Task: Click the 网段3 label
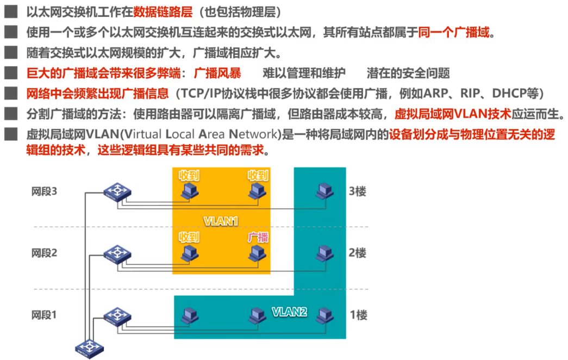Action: coord(44,191)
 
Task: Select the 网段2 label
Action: coord(44,253)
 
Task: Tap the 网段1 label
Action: coord(44,314)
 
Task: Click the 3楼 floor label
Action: coord(358,191)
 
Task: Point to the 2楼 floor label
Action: coord(358,253)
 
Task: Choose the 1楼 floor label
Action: coord(358,314)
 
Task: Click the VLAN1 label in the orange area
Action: coord(221,221)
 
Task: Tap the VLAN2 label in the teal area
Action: coord(290,312)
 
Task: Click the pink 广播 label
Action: coord(258,237)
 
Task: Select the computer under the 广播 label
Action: coord(257,253)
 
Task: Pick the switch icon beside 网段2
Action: coord(117,253)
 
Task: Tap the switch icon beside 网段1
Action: coord(117,315)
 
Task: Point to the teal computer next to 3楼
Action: coord(325,190)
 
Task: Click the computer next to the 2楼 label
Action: coord(325,252)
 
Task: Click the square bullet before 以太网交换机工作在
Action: coord(10,11)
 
